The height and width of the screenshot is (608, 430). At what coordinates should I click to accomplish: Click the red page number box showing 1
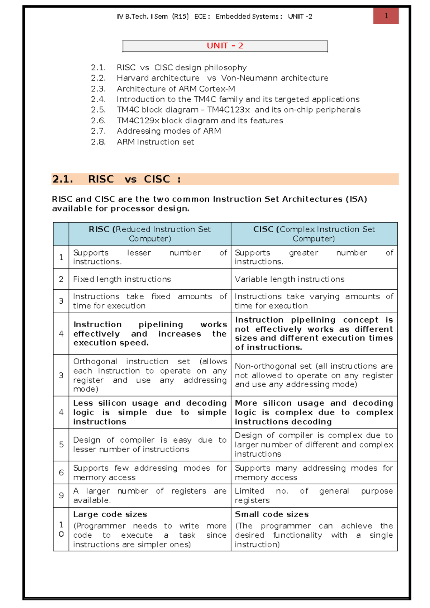click(x=386, y=16)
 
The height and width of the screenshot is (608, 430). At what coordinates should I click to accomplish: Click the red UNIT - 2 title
click(x=225, y=46)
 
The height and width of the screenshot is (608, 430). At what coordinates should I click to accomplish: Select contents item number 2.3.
click(x=98, y=89)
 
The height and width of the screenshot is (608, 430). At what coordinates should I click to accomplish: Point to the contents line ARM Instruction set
click(x=155, y=142)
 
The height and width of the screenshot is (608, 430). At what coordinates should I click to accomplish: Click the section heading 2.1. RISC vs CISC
click(x=116, y=179)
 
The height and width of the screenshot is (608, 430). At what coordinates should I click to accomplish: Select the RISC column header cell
click(x=150, y=234)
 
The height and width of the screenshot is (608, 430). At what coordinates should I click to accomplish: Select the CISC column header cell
click(x=314, y=234)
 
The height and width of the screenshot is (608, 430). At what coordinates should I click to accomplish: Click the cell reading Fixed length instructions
click(x=122, y=279)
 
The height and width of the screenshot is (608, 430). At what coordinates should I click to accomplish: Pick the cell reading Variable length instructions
click(x=290, y=279)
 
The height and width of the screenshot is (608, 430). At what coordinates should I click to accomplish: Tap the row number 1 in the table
click(x=61, y=257)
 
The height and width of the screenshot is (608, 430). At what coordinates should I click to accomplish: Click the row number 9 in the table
click(x=61, y=495)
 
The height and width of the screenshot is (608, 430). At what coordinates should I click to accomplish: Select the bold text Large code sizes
click(x=110, y=514)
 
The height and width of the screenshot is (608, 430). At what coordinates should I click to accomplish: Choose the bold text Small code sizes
click(x=272, y=514)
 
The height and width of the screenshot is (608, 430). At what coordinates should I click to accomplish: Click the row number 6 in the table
click(x=61, y=472)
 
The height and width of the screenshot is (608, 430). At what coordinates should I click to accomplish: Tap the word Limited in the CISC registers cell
click(x=249, y=491)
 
